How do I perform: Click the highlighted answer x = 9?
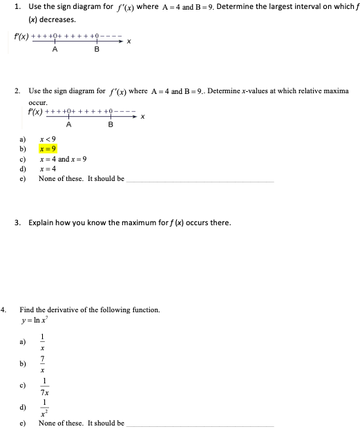point(48,149)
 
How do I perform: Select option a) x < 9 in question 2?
point(47,139)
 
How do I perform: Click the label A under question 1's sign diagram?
point(55,50)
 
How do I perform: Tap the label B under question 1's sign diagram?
point(96,50)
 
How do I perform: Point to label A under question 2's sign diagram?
point(68,124)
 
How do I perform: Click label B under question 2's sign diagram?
point(111,124)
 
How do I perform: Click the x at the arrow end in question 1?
point(129,41)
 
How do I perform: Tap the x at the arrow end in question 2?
point(142,116)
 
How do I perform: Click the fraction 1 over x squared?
point(44,408)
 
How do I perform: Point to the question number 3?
point(17,222)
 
